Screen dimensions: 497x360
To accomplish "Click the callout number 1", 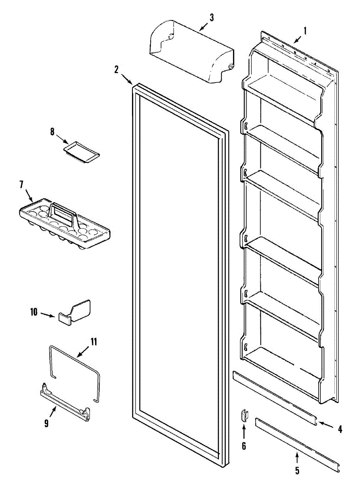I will coord(305,31).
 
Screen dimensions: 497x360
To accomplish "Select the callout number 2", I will coord(117,69).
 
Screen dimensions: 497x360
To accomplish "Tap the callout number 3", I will coord(211,18).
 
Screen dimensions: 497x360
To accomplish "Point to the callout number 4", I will coord(340,429).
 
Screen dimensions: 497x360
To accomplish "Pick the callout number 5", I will coord(297,470).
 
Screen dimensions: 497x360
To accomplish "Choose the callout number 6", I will coord(244,446).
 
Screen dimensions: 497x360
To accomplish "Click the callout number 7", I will coord(21,185).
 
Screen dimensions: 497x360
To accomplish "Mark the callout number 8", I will coord(53,132).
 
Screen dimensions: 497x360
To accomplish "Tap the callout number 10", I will coord(34,312).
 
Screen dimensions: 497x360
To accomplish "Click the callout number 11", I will coord(94,342).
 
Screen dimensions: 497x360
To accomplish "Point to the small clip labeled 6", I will coord(245,415).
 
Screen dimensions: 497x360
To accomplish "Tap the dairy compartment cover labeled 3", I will coord(190,54).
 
